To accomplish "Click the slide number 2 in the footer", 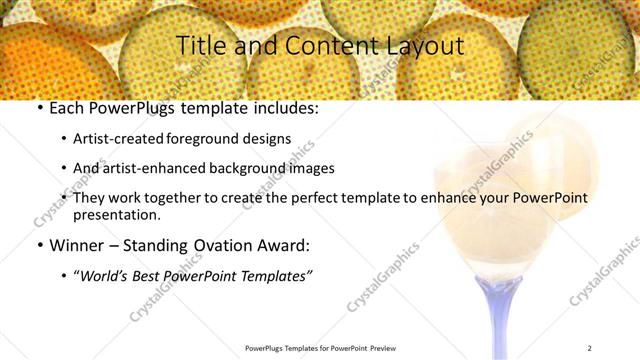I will [x=590, y=348].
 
